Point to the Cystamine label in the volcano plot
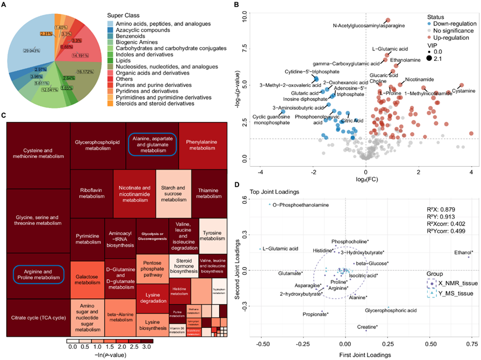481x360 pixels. pyautogui.click(x=463, y=91)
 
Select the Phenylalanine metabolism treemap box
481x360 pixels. pyautogui.click(x=205, y=142)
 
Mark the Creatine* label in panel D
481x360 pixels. pyautogui.click(x=367, y=327)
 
